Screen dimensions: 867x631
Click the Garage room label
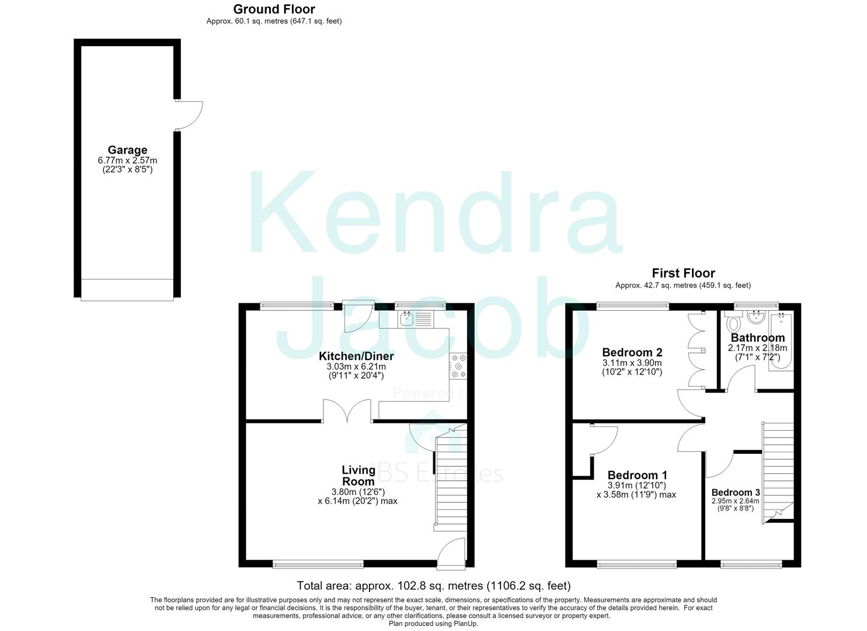pos(127,150)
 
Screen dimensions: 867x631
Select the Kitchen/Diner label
pos(356,356)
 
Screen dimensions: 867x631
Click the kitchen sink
pos(407,320)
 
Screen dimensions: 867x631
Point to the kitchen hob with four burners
pos(458,366)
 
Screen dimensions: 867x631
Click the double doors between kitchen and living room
pos(347,411)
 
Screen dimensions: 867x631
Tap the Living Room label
pos(358,476)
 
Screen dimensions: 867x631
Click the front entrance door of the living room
pos(451,554)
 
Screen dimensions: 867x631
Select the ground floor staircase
pos(451,480)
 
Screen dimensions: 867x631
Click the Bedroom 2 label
pos(632,352)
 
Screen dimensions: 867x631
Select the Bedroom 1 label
pos(638,475)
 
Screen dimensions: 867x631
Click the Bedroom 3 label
pos(736,493)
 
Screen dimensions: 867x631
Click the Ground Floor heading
pos(274,9)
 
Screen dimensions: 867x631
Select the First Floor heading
pos(683,273)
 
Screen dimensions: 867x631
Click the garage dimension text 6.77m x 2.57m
pos(127,160)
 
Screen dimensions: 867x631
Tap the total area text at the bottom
pos(433,585)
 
